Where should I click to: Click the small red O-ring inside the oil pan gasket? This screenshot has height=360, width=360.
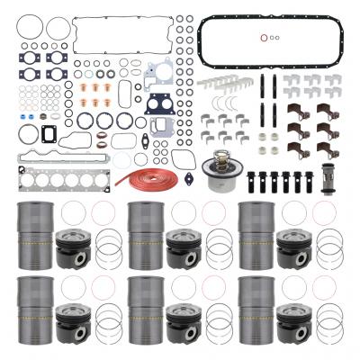coord(262,38)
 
